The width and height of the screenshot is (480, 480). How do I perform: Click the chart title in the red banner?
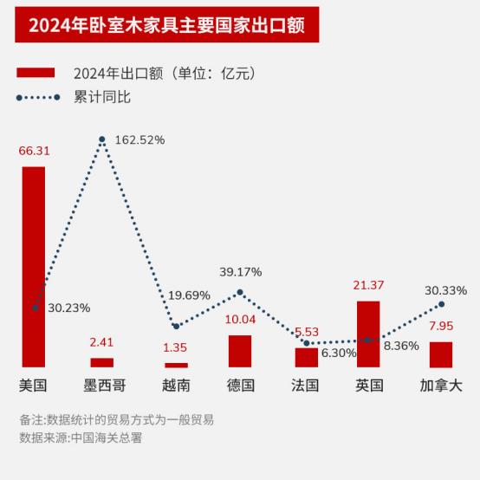(x=166, y=24)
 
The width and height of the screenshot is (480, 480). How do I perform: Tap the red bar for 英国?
(x=368, y=334)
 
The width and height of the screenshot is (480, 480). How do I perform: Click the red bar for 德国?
(x=240, y=351)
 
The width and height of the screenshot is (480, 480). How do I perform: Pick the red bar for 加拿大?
(x=441, y=354)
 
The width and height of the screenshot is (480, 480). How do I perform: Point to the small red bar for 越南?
(x=176, y=365)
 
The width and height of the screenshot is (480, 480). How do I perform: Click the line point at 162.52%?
(x=102, y=139)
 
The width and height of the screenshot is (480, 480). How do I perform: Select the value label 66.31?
(x=34, y=151)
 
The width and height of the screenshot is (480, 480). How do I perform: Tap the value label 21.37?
(x=368, y=286)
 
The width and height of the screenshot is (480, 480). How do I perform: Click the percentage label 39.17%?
(x=240, y=272)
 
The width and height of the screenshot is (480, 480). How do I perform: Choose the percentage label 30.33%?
(x=445, y=290)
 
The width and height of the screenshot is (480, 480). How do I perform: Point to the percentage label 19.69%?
(x=189, y=295)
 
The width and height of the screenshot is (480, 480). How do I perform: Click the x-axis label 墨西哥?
(x=102, y=385)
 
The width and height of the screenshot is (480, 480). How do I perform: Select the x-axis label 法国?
(x=305, y=385)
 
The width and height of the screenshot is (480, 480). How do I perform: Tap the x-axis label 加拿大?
(x=441, y=385)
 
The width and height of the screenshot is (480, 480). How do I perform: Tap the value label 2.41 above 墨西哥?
(x=102, y=342)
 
